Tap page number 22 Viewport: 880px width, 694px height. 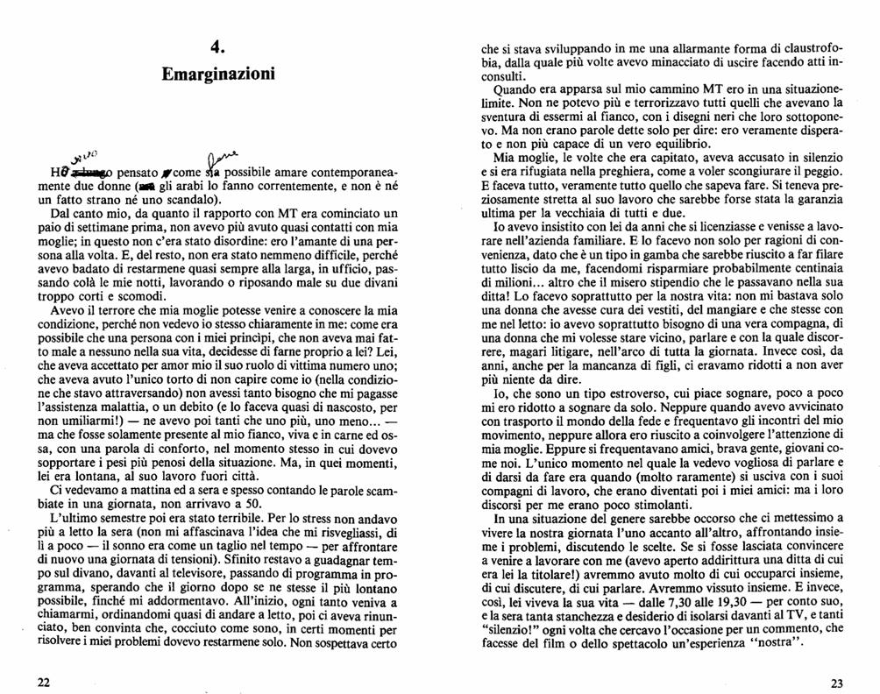pos(42,683)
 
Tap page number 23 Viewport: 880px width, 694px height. pos(835,683)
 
